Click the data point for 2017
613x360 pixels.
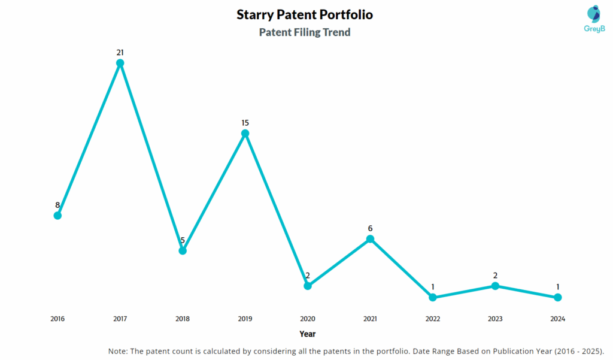(x=120, y=63)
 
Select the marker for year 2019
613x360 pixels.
(x=245, y=134)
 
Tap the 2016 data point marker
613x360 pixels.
(x=57, y=216)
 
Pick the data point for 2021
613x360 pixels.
(x=370, y=239)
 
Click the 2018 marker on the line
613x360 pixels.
(x=183, y=251)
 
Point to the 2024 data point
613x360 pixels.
(x=557, y=297)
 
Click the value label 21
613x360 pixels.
(x=120, y=53)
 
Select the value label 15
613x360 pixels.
(x=245, y=123)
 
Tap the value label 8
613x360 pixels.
(x=57, y=205)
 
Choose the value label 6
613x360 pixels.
(x=370, y=228)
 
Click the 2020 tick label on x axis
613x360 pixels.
(x=308, y=319)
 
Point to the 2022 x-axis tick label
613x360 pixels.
(x=433, y=319)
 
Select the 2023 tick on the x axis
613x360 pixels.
(x=495, y=319)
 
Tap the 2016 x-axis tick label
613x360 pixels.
(x=57, y=319)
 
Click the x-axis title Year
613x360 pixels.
(x=308, y=334)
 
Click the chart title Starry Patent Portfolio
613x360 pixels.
(x=305, y=14)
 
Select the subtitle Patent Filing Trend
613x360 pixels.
(x=305, y=32)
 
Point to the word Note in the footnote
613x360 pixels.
(x=118, y=350)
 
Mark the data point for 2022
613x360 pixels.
(x=433, y=297)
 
